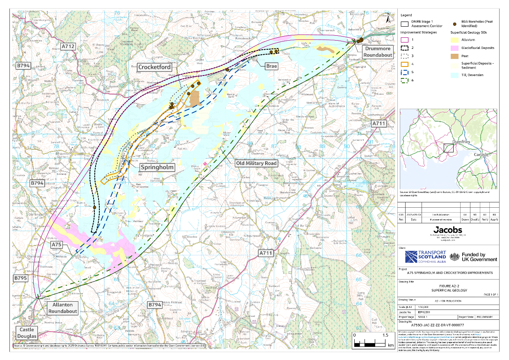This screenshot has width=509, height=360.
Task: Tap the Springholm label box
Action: coord(157,167)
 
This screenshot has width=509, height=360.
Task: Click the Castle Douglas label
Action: coord(26,333)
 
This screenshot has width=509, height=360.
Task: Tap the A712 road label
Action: coord(68,46)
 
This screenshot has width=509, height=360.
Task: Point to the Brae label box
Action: coord(271,66)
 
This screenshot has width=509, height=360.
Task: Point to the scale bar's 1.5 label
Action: coord(385,335)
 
